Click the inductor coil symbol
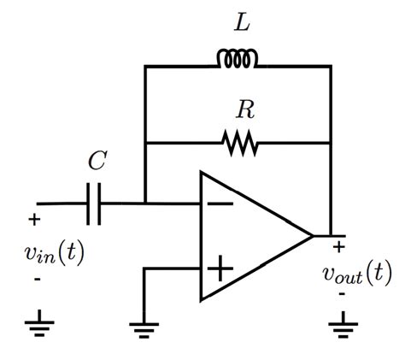[x=238, y=60]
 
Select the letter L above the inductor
[x=243, y=25]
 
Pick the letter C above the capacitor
[x=97, y=162]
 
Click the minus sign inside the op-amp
[x=220, y=204]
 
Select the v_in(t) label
[x=54, y=253]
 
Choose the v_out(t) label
[x=356, y=274]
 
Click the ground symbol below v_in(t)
[x=38, y=325]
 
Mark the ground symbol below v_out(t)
[x=343, y=325]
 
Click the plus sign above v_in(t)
[x=34, y=220]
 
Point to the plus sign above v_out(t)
[x=338, y=247]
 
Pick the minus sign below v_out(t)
[x=342, y=295]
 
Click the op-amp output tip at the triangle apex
[x=313, y=235]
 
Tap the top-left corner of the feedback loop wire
[x=145, y=66]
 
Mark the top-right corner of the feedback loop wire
[x=331, y=66]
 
